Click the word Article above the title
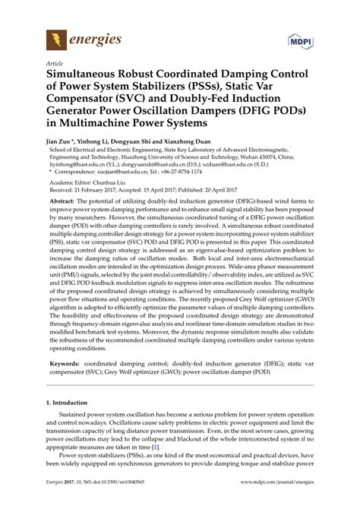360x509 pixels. click(55, 65)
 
